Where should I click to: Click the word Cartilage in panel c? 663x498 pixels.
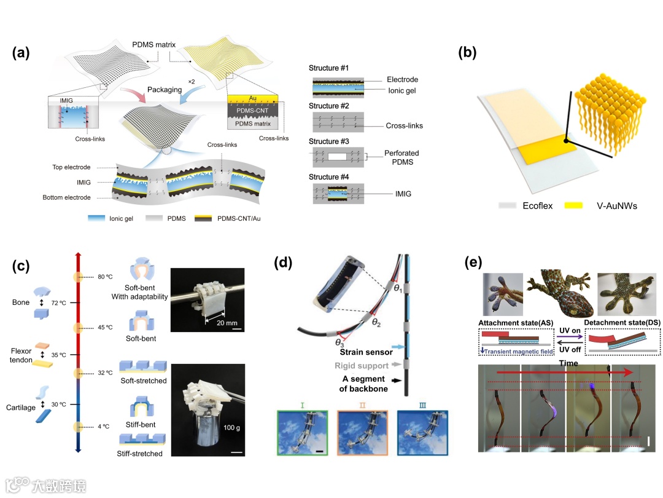[x=24, y=373]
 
